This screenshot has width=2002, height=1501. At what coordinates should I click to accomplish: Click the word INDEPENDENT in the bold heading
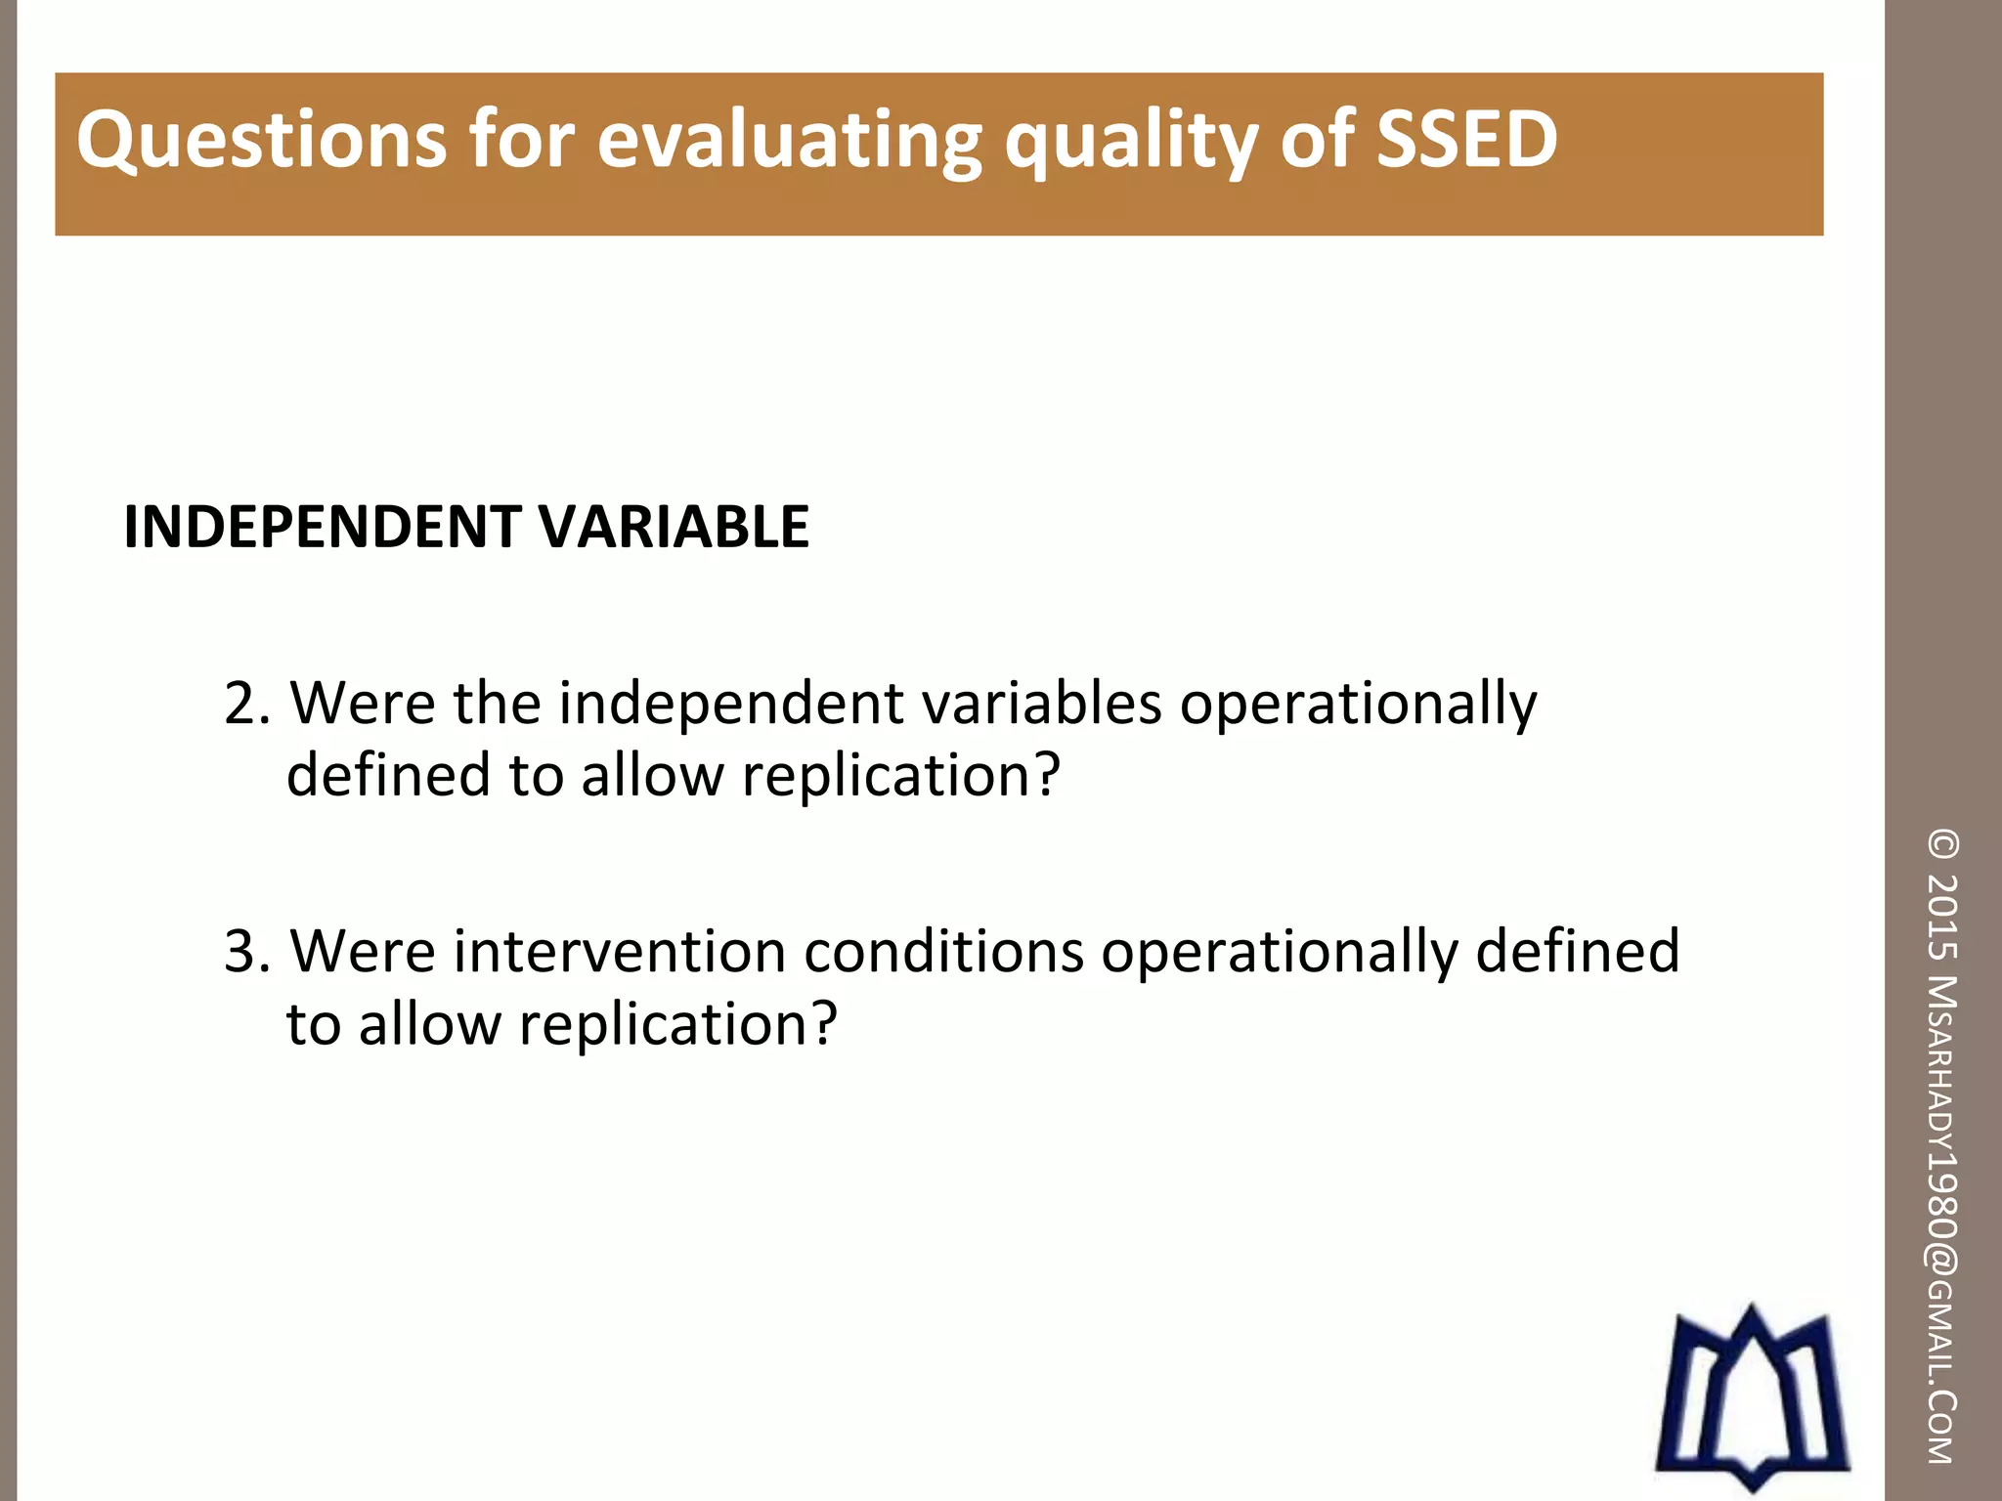point(323,528)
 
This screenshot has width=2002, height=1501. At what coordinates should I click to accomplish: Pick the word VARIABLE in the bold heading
point(675,528)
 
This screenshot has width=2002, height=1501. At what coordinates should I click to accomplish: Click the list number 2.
point(244,704)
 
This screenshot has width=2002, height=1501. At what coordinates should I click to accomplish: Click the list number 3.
point(244,952)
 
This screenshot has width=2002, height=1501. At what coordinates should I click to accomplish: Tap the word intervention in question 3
point(619,952)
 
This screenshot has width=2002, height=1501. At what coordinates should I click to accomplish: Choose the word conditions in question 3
point(943,952)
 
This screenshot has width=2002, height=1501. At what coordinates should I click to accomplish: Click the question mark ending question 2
point(1047,775)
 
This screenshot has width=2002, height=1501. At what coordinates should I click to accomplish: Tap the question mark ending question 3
point(824,1024)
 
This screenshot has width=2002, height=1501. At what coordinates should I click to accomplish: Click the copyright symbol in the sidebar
point(1943,844)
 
